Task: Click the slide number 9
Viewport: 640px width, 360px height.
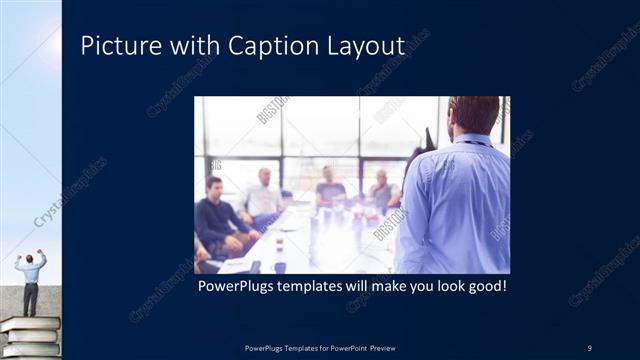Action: pyautogui.click(x=589, y=346)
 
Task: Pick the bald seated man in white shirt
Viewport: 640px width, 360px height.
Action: pyautogui.click(x=262, y=194)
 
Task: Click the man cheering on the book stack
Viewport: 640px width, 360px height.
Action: pyautogui.click(x=30, y=280)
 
